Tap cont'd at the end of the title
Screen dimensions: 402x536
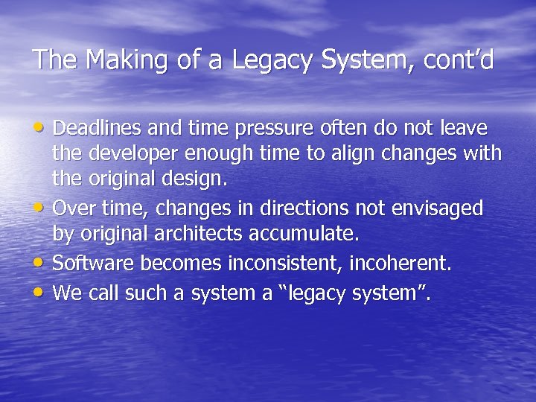[x=459, y=60]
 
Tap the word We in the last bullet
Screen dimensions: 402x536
[x=68, y=293]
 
